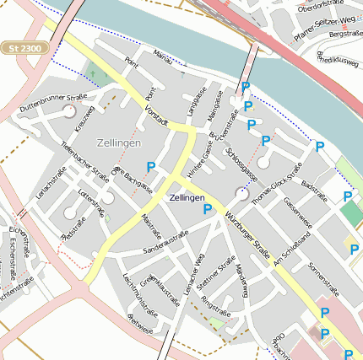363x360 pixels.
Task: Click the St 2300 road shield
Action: point(25,49)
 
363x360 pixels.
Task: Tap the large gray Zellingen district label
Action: point(118,142)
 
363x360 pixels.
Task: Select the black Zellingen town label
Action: point(187,196)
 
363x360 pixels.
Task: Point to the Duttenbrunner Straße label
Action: point(54,105)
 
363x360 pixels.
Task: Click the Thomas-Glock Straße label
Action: point(277,182)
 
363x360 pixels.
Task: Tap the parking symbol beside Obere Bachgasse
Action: point(151,167)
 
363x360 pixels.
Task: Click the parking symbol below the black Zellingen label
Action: point(207,209)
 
